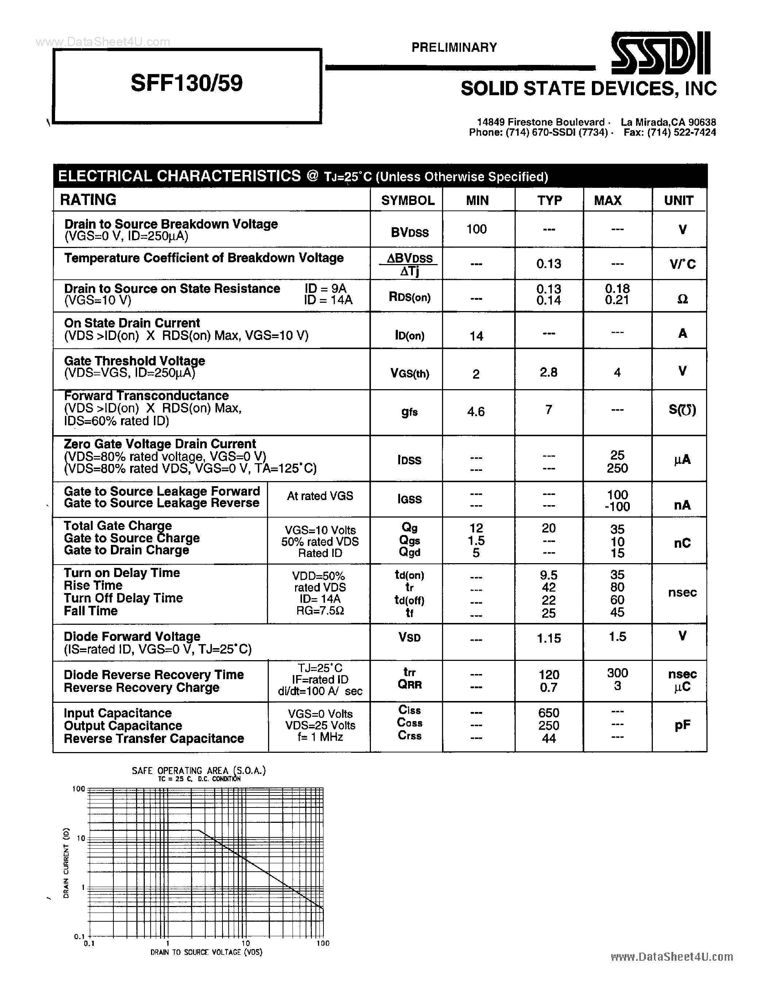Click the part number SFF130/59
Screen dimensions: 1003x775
(186, 84)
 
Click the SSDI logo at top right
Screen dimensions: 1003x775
(661, 53)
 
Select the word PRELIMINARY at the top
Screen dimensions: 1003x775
(454, 47)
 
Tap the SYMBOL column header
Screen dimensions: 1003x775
(408, 200)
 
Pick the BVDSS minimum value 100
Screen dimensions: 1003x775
(477, 229)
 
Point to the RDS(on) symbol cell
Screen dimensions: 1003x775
(410, 297)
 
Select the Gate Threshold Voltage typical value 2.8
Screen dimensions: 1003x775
(548, 372)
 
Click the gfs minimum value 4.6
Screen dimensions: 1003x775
(476, 411)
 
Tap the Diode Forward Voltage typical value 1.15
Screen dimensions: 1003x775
(549, 638)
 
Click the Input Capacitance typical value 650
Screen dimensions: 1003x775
(549, 713)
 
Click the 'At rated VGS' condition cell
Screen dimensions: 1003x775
(319, 496)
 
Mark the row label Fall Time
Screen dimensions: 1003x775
(90, 611)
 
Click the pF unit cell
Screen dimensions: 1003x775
(682, 725)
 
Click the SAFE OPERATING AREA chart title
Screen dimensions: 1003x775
(198, 771)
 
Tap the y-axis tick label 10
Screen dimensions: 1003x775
(81, 838)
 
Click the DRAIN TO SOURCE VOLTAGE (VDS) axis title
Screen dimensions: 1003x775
(206, 952)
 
